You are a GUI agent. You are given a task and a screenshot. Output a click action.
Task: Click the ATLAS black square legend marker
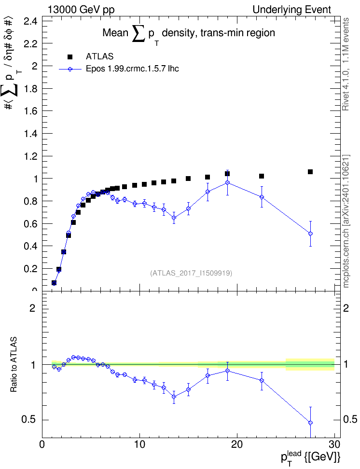coord(70,56)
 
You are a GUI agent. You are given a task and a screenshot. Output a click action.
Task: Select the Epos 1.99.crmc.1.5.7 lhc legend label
coord(132,69)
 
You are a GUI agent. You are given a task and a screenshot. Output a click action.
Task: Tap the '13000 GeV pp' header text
coord(81,10)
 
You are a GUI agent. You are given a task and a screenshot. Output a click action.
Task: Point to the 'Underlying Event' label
coord(292,10)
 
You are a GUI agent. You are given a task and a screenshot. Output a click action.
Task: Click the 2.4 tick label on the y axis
coord(31,21)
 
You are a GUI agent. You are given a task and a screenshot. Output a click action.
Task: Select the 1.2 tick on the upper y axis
coord(31,156)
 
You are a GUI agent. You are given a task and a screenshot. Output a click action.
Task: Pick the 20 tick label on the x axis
coord(237,444)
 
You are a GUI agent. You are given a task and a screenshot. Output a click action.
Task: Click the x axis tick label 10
coord(139,444)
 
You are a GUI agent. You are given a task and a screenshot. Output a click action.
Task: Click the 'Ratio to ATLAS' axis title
coord(14,365)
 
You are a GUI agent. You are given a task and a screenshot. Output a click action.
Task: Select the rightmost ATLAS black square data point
coord(310,172)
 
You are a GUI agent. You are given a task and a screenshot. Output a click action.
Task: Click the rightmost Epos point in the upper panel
coord(310,234)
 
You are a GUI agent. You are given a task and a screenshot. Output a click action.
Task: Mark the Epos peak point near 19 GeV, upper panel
coord(227,182)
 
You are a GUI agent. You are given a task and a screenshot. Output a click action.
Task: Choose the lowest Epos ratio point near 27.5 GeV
coord(310,423)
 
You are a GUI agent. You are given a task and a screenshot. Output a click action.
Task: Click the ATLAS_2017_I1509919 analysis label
coord(191,273)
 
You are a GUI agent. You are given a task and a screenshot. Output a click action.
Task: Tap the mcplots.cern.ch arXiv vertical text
coord(346,221)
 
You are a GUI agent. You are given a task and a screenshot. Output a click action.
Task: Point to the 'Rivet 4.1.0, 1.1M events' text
coord(346,64)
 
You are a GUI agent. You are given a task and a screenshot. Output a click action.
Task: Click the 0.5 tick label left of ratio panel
coord(28,420)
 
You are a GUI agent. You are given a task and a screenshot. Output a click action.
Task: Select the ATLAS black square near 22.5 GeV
coord(262,176)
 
